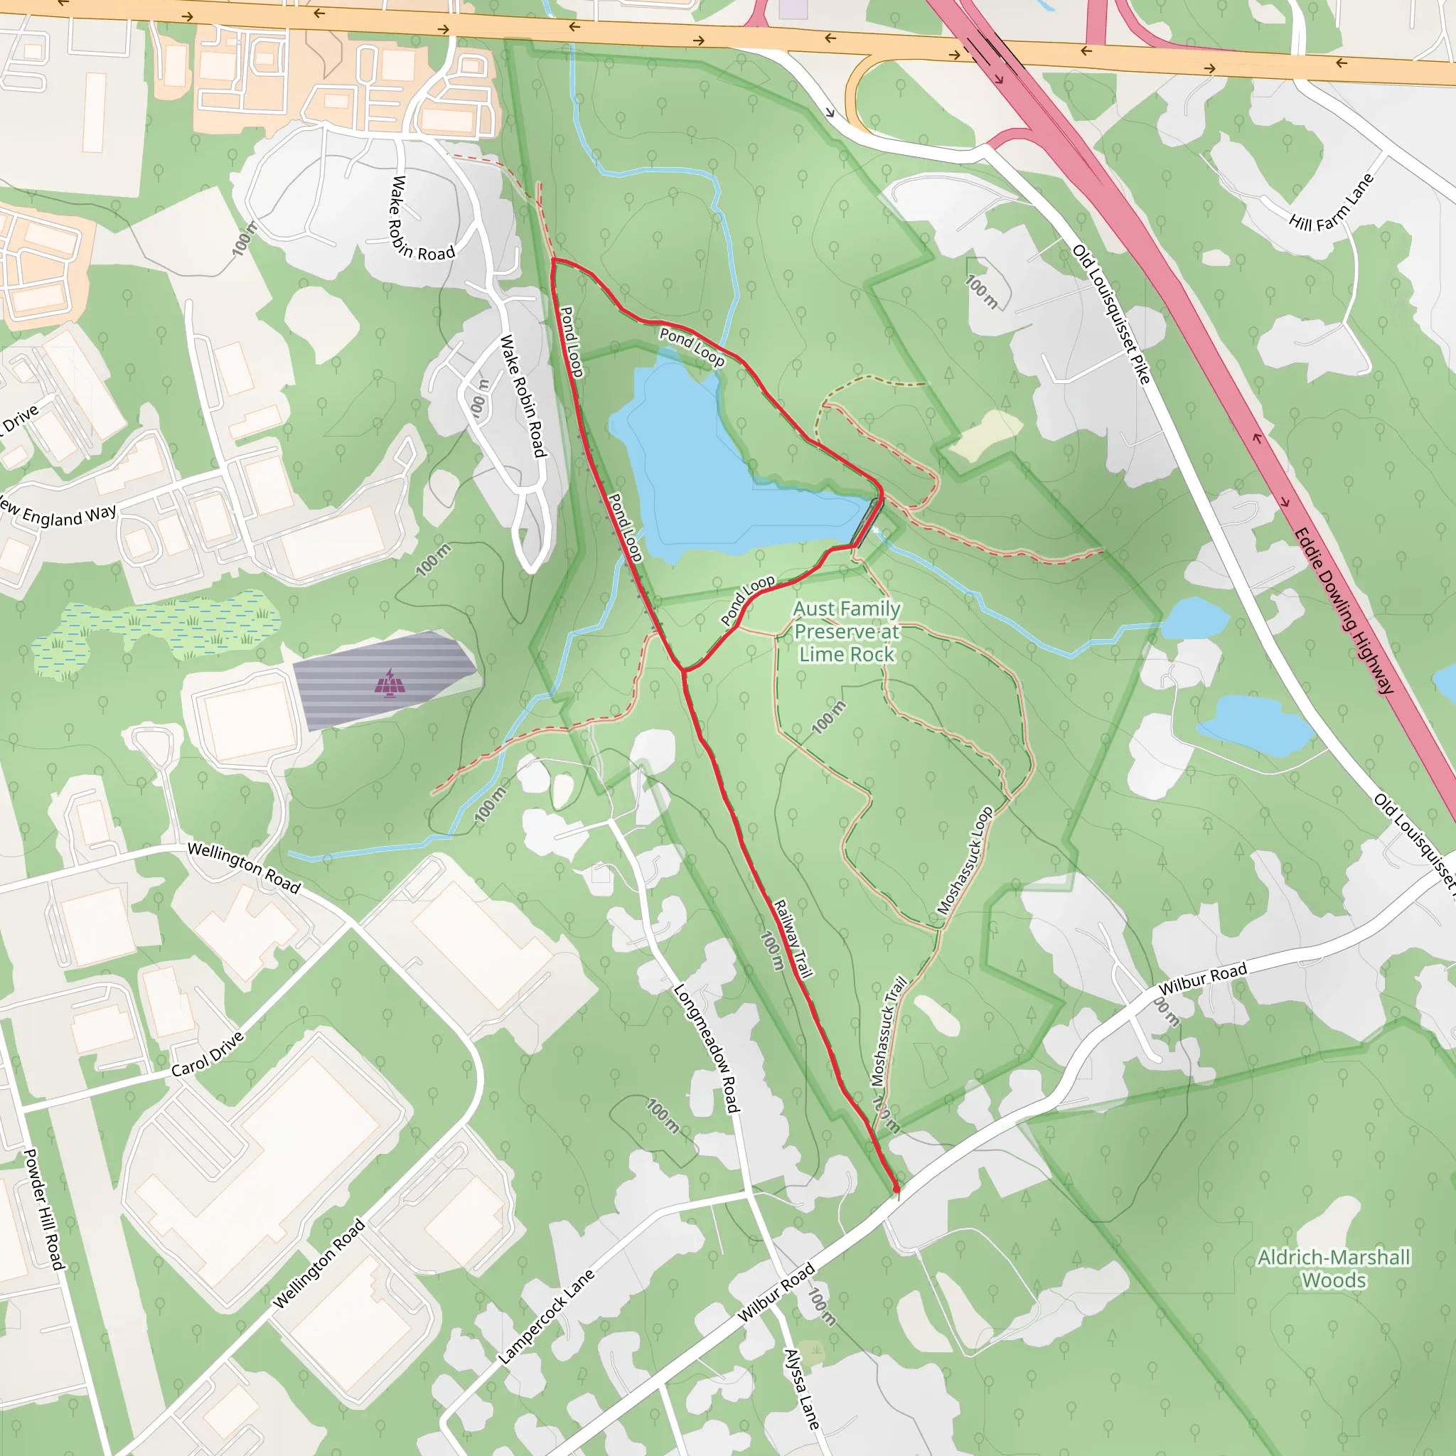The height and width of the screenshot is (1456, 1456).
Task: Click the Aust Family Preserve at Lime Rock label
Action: [x=846, y=631]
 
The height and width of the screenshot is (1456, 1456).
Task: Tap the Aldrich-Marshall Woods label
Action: [x=1333, y=1268]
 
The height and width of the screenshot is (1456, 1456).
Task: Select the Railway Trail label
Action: [x=793, y=939]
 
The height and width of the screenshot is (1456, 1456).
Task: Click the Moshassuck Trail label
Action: [x=889, y=1032]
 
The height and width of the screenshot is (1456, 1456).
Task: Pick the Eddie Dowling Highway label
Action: [x=1344, y=611]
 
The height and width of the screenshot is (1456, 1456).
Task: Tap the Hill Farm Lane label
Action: [x=1331, y=203]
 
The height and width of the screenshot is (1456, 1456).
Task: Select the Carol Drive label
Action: [x=208, y=1054]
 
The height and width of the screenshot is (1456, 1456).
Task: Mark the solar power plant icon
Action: [x=390, y=683]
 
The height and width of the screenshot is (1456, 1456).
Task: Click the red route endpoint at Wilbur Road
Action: [x=896, y=1189]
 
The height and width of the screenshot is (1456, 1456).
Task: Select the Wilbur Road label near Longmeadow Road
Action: [x=776, y=1293]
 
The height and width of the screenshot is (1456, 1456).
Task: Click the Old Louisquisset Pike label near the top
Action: [x=1111, y=314]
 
